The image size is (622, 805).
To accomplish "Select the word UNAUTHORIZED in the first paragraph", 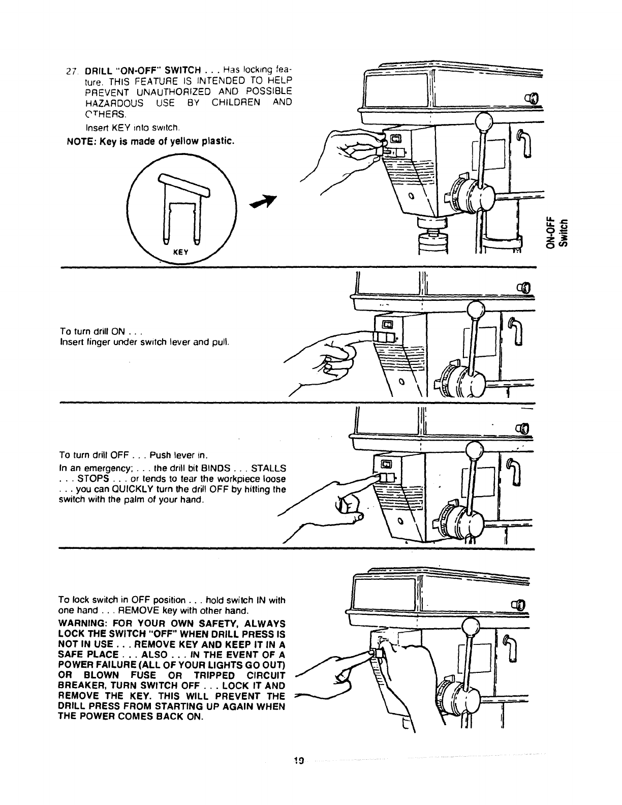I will [169, 91].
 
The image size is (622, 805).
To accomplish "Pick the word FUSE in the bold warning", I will [137, 675].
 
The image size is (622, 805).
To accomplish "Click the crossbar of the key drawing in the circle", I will [183, 185].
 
